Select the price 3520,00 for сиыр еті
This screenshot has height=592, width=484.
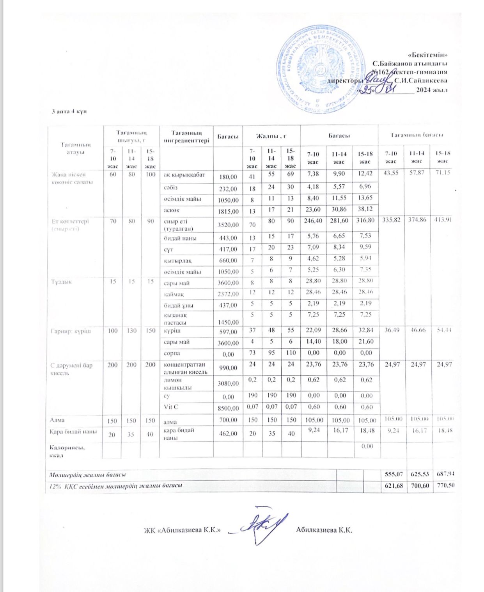tap(228, 225)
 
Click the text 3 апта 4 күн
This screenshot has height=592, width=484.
tap(69, 111)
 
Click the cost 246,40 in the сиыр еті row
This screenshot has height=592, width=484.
tap(314, 221)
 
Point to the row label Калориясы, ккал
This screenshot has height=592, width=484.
tap(67, 451)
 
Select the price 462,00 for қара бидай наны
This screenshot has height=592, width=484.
tap(228, 433)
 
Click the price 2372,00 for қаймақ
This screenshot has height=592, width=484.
tap(228, 294)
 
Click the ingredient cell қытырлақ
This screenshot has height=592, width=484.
tap(178, 260)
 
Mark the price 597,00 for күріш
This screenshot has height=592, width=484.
tap(228, 332)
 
